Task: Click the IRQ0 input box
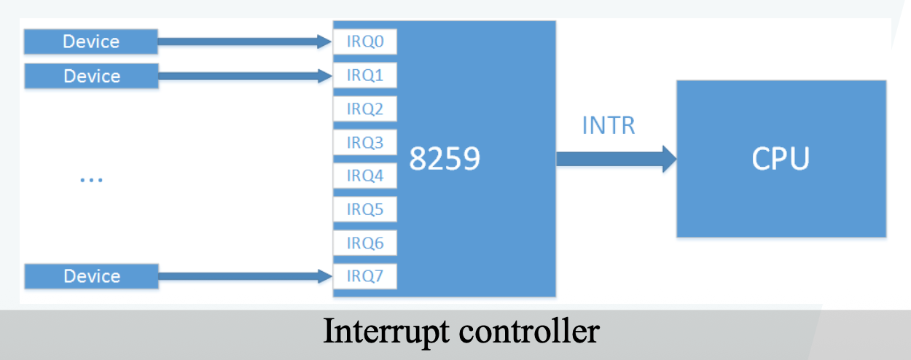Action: (x=365, y=42)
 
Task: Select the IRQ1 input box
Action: (x=365, y=75)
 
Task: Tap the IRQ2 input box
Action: (x=365, y=109)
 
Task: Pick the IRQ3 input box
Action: (x=365, y=142)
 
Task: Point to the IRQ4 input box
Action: (x=365, y=176)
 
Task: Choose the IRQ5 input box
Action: (x=365, y=210)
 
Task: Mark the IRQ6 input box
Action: (x=365, y=243)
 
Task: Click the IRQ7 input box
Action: (x=365, y=276)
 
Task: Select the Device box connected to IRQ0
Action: (x=91, y=42)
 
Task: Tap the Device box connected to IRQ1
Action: (x=91, y=76)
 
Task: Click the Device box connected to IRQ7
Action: (x=91, y=276)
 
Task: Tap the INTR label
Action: (x=609, y=125)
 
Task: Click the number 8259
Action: (x=445, y=159)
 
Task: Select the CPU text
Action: (x=781, y=159)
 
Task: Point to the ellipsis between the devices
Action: (x=91, y=179)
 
